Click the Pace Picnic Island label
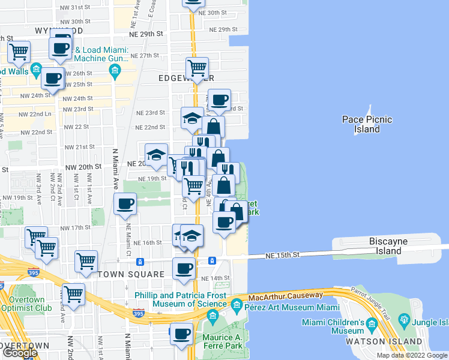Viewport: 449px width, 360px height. [367, 124]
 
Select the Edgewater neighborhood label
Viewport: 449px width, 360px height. [187, 78]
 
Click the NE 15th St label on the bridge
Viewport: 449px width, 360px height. [283, 255]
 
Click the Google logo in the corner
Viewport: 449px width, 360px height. [20, 352]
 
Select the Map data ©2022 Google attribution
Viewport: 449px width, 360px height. [412, 355]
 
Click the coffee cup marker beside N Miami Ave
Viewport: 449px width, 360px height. [125, 204]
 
